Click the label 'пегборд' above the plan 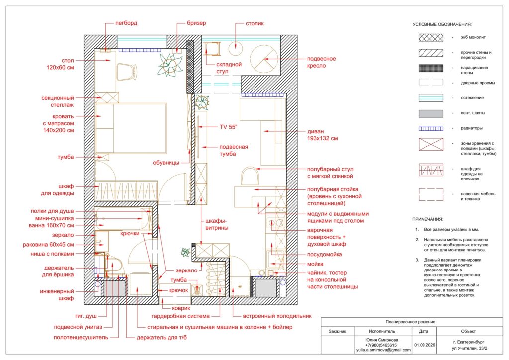pyautogui.click(x=126, y=23)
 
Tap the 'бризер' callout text pyautogui.click(x=196, y=23)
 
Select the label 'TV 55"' pyautogui.click(x=229, y=127)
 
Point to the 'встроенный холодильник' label pyautogui.click(x=277, y=316)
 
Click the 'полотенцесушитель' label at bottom pyautogui.click(x=81, y=337)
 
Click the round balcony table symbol pyautogui.click(x=235, y=48)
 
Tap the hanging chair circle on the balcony pyautogui.click(x=264, y=59)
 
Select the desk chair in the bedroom pyautogui.click(x=127, y=72)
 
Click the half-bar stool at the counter pyautogui.click(x=250, y=176)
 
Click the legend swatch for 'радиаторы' pyautogui.click(x=431, y=129)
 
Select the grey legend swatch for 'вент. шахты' pyautogui.click(x=431, y=113)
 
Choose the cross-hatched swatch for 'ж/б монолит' pyautogui.click(x=431, y=37)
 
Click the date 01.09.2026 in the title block pyautogui.click(x=424, y=345)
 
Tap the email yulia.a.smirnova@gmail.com pyautogui.click(x=383, y=350)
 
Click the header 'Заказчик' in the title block pyautogui.click(x=338, y=332)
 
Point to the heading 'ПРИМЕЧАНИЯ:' pyautogui.click(x=427, y=219)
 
